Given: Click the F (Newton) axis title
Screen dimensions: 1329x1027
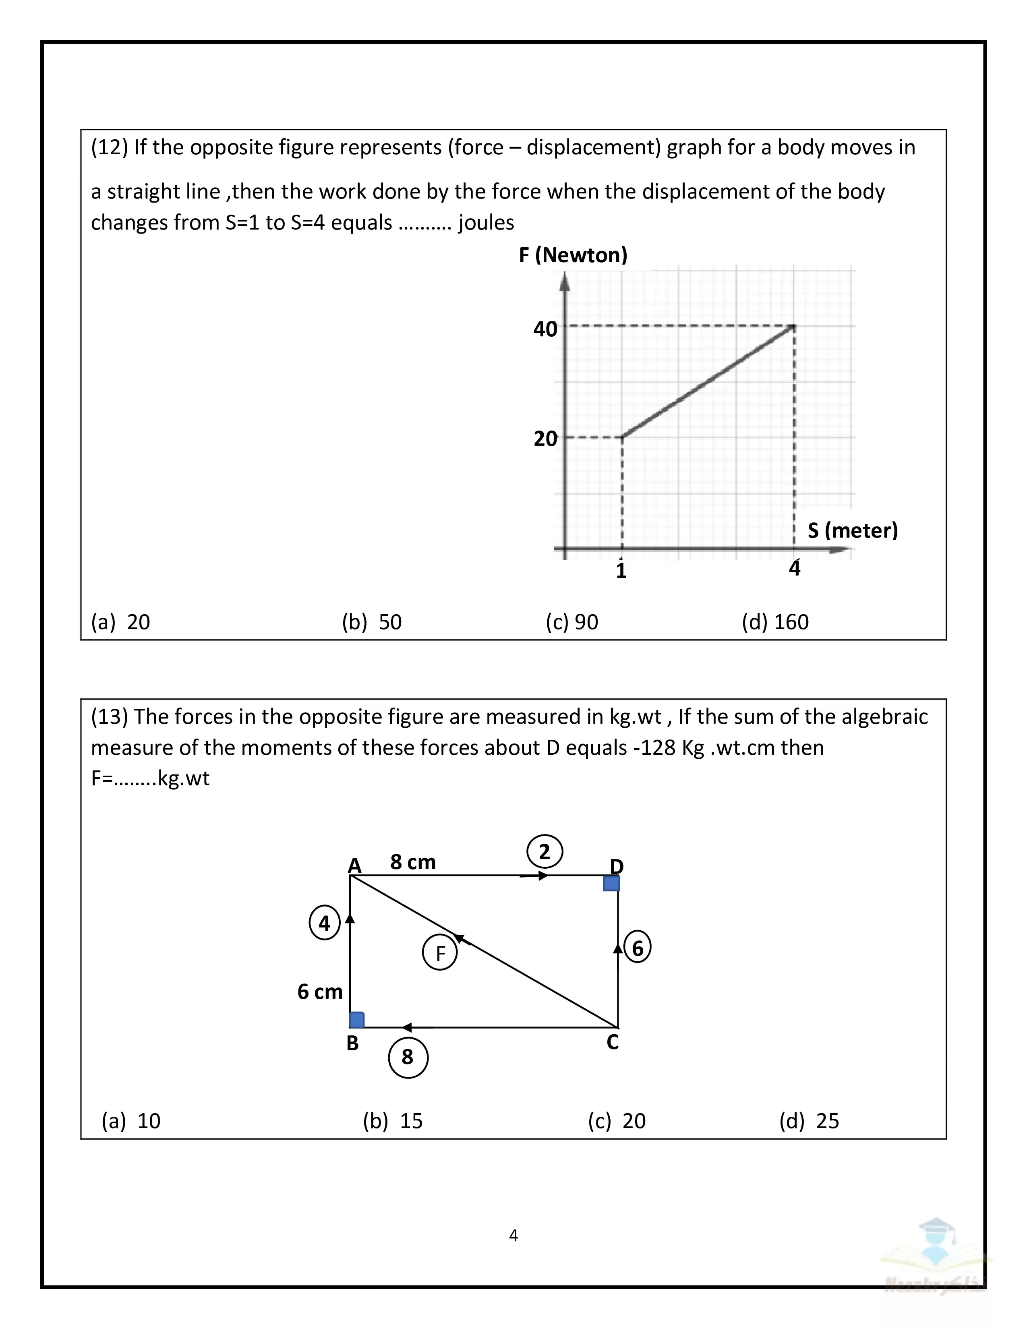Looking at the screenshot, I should point(573,255).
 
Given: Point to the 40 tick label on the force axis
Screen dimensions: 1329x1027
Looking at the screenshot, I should point(545,329).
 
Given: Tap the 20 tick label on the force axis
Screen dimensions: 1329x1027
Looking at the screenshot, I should point(545,439).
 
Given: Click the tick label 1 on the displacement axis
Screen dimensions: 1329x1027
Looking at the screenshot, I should point(621,571).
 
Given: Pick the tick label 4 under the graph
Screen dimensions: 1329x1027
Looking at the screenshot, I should point(795,568).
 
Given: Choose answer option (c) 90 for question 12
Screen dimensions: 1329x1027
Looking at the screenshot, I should point(572,622).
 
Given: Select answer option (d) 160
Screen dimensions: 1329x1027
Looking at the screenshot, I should point(775,622).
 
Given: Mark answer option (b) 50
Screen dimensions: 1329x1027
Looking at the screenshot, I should point(372,622).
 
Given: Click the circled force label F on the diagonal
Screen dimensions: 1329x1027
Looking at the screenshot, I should point(440,953).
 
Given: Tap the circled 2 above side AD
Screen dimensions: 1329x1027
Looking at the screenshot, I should point(545,851).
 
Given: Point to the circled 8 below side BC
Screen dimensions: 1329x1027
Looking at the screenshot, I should point(408,1057).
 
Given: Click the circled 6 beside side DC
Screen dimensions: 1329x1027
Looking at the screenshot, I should point(638,948).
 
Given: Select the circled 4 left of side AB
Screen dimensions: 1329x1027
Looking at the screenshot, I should point(324,923).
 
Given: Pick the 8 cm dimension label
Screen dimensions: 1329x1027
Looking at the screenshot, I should point(413,862).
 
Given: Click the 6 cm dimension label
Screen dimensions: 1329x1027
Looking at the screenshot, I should point(320,992).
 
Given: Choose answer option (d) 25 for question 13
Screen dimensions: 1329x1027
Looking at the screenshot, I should point(809,1121).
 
